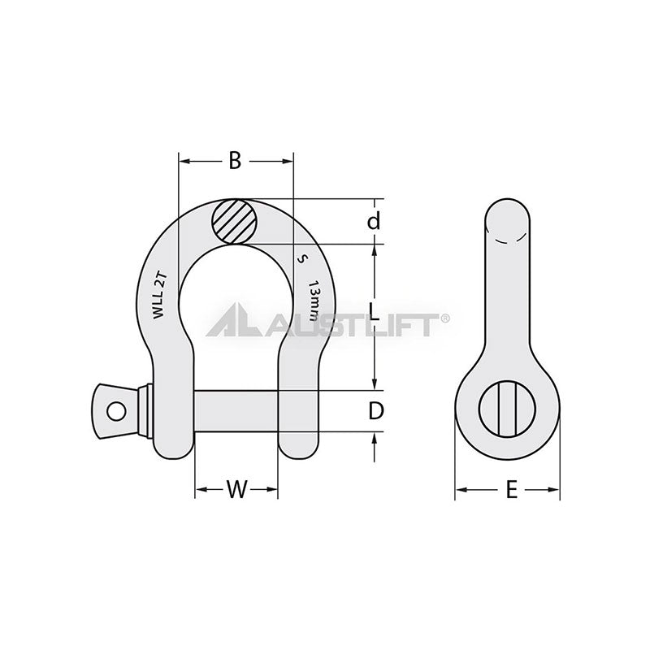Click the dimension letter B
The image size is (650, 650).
coord(235,160)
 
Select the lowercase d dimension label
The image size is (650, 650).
coord(374,221)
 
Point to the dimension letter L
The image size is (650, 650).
coord(374,312)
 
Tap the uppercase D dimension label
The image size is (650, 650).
coord(376,411)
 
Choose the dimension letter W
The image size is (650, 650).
coord(236,489)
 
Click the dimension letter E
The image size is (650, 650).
coord(512,489)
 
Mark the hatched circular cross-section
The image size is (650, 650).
coord(235,222)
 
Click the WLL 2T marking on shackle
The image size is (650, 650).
coord(159,295)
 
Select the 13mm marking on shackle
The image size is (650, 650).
coord(315,301)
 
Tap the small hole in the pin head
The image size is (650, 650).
coord(116,411)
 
